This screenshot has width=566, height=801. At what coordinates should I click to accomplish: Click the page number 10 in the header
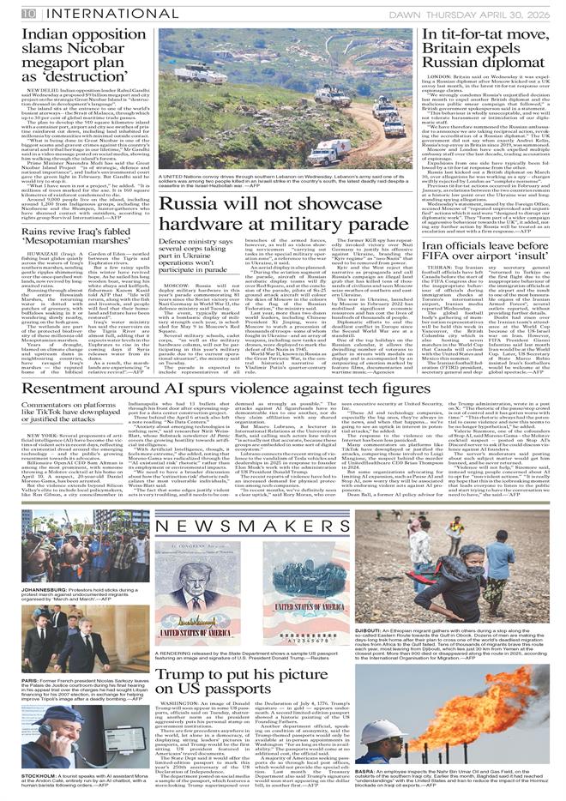click(x=28, y=12)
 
